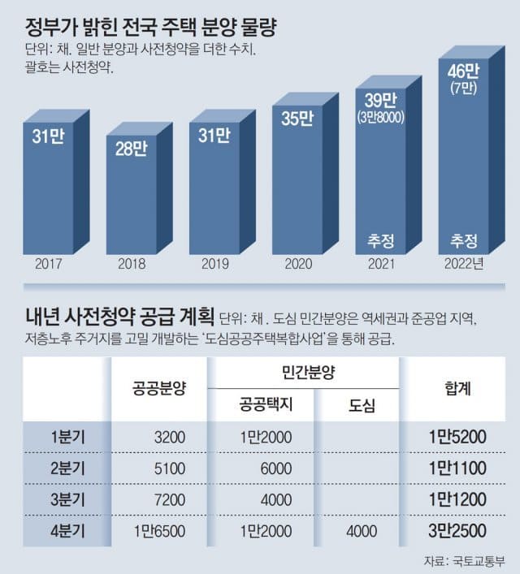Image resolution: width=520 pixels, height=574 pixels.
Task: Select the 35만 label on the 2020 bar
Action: (297, 119)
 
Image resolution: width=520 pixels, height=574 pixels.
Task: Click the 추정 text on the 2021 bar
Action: (380, 240)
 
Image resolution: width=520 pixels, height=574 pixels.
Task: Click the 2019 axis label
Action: (214, 264)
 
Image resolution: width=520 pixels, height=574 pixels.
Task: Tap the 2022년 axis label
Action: (465, 264)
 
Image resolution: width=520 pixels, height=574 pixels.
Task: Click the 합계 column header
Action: (460, 387)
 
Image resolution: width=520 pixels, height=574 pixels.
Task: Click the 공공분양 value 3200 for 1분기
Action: (171, 438)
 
